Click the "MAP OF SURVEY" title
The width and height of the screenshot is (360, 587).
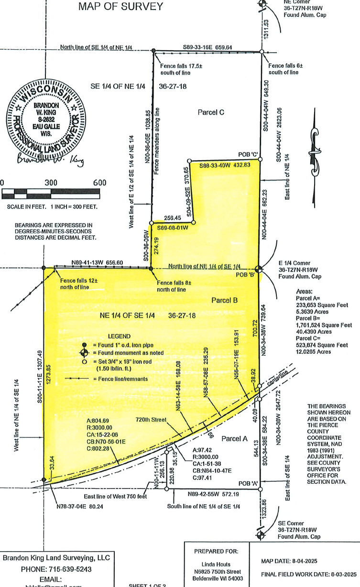pyautogui.click(x=120, y=7)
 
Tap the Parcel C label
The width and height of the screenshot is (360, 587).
pyautogui.click(x=211, y=112)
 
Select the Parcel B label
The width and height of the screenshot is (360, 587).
pyautogui.click(x=225, y=300)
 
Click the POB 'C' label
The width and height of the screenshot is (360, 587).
pyautogui.click(x=248, y=154)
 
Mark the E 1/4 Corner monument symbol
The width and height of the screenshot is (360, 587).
pyautogui.click(x=258, y=269)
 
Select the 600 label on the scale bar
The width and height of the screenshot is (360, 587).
pyautogui.click(x=99, y=183)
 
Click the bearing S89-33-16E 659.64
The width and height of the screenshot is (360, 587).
pyautogui.click(x=207, y=47)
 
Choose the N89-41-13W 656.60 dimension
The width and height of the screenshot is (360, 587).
pyautogui.click(x=98, y=262)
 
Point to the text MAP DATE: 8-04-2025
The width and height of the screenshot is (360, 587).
pyautogui.click(x=296, y=561)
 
